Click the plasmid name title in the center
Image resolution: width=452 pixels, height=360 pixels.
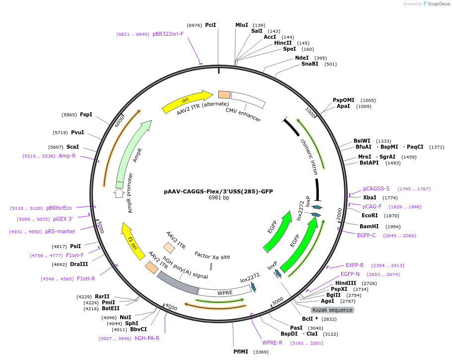click(x=218, y=191)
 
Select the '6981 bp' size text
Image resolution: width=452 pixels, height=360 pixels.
click(x=219, y=198)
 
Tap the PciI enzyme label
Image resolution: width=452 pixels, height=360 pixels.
click(x=211, y=25)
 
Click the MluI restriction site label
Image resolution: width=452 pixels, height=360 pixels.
click(x=241, y=25)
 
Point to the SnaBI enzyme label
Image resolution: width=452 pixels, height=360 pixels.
click(x=310, y=64)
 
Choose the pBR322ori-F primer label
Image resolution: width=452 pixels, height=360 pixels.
click(x=168, y=34)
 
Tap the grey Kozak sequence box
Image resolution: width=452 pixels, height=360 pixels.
click(x=332, y=310)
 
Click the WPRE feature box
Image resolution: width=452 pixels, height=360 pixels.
click(x=225, y=292)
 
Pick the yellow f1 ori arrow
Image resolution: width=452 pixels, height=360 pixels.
click(x=133, y=240)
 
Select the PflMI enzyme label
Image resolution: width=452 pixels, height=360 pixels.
click(x=241, y=352)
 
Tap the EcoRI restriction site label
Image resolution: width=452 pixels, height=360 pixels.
click(x=370, y=216)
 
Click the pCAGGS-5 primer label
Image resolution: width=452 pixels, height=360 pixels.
click(x=376, y=189)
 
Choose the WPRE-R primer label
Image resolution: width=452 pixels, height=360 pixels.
click(x=272, y=343)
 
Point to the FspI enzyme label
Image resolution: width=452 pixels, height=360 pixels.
click(x=86, y=114)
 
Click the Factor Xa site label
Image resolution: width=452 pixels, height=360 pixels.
click(x=212, y=257)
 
